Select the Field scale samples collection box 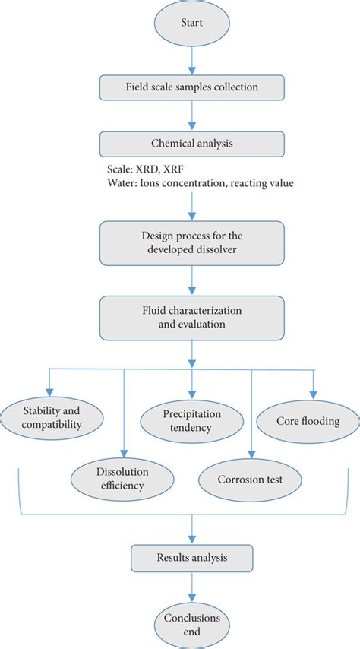(191, 87)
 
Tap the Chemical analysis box (191, 143)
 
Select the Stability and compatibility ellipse (51, 417)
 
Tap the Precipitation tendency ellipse (191, 421)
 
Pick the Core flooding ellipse (308, 419)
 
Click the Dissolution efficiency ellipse (117, 476)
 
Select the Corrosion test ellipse (251, 480)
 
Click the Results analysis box (191, 558)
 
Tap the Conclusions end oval (191, 624)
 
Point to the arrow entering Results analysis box (191, 530)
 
